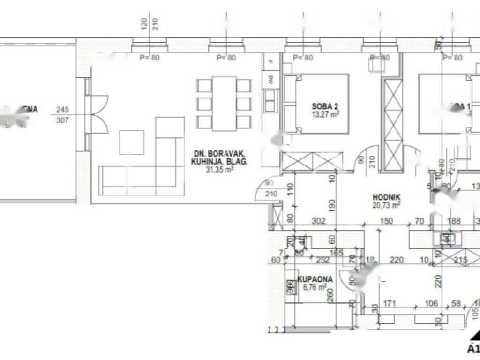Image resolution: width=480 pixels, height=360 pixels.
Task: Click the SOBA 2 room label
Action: [325, 106]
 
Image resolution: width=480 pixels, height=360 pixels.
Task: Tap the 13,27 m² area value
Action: [326, 113]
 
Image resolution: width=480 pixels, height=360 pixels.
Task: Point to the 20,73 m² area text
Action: [386, 205]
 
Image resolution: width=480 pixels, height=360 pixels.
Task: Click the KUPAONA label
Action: [316, 279]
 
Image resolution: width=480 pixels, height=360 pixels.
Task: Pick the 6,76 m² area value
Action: [315, 287]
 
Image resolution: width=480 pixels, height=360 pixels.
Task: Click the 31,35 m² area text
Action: [220, 170]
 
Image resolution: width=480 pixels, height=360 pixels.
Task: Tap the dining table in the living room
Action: [224, 104]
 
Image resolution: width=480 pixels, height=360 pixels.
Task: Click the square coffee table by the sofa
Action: [131, 142]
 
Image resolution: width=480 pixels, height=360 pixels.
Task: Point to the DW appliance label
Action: [270, 79]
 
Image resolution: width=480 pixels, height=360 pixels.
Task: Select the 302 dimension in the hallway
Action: [318, 221]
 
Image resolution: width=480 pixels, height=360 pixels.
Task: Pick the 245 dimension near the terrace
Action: [62, 110]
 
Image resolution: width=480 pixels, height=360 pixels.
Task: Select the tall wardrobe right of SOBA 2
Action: [393, 124]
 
